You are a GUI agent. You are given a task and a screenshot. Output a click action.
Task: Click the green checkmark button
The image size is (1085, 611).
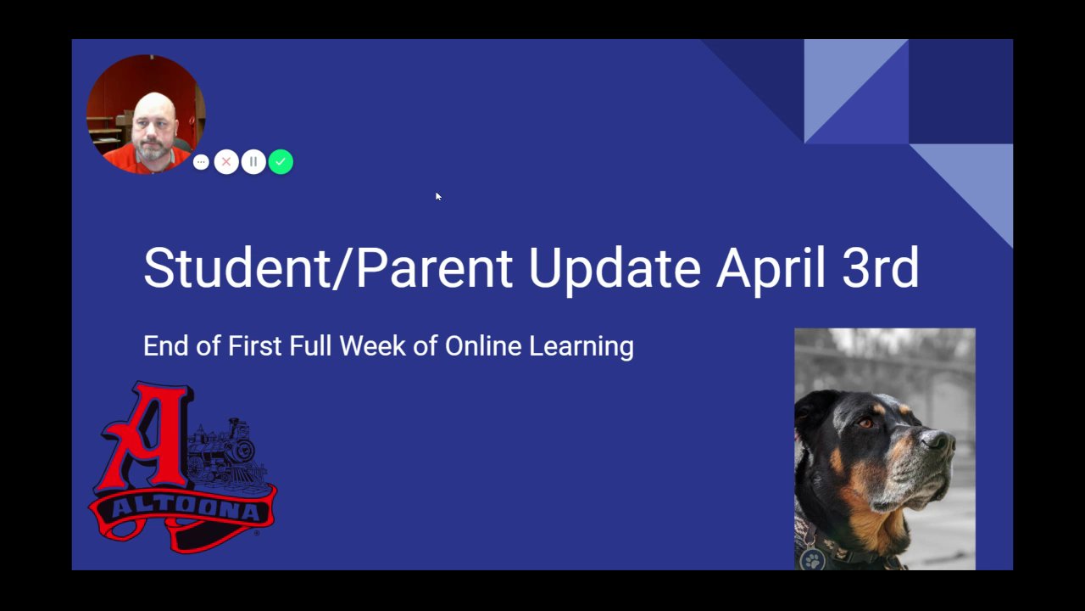pyautogui.click(x=281, y=162)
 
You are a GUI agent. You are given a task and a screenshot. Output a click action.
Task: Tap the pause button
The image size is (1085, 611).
pyautogui.click(x=253, y=162)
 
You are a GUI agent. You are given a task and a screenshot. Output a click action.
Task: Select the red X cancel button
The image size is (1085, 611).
pyautogui.click(x=226, y=162)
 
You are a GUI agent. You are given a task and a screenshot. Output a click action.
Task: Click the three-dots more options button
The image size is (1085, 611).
pyautogui.click(x=201, y=162)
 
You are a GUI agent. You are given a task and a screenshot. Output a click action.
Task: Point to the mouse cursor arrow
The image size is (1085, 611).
pyautogui.click(x=438, y=196)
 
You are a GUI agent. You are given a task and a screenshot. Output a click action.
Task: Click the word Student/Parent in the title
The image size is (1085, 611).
pyautogui.click(x=328, y=267)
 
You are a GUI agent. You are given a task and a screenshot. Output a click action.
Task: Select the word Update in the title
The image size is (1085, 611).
pyautogui.click(x=615, y=270)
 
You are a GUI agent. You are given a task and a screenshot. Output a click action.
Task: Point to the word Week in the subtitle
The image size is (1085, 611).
pyautogui.click(x=372, y=345)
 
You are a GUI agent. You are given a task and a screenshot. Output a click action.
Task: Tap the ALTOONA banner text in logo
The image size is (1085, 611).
pyautogui.click(x=185, y=508)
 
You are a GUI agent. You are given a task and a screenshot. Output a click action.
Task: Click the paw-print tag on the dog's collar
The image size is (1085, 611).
pyautogui.click(x=812, y=559)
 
